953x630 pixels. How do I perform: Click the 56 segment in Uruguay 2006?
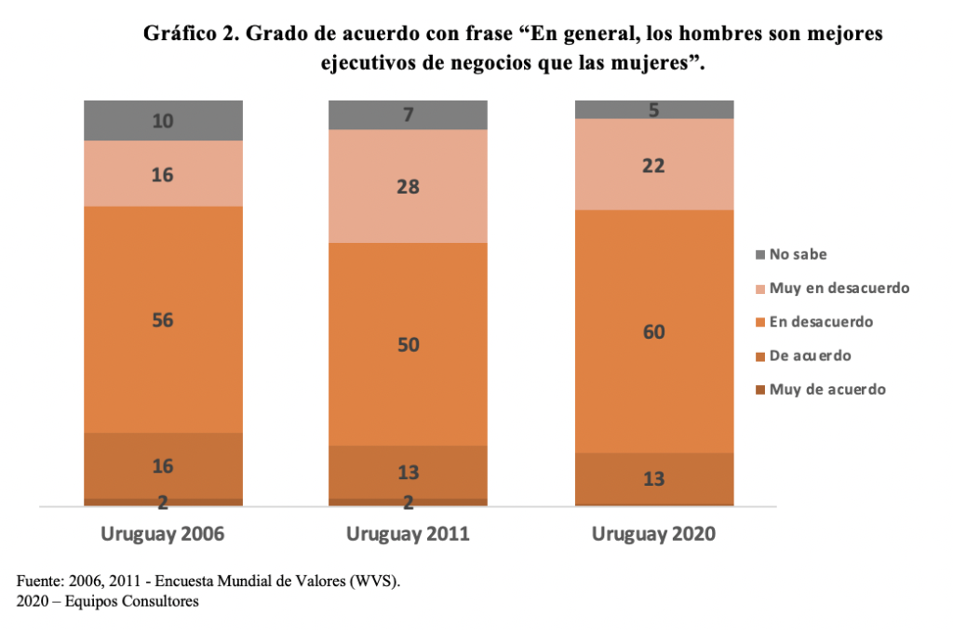coord(163,319)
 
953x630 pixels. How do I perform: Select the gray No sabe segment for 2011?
coord(408,114)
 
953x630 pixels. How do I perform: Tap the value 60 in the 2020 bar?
coord(653,331)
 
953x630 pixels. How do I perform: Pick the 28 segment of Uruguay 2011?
coord(408,186)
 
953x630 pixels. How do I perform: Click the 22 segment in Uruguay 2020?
coord(653,165)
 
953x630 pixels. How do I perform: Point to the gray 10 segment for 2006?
coord(163,120)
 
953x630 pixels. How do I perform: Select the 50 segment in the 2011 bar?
coord(408,344)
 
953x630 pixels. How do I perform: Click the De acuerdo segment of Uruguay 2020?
coord(653,478)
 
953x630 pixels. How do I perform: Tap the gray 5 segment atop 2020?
coord(653,110)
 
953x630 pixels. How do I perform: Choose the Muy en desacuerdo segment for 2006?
coord(163,173)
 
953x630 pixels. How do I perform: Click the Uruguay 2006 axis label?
coord(163,535)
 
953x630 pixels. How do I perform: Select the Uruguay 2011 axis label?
coord(408,535)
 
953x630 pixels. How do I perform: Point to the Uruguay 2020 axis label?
coord(653,535)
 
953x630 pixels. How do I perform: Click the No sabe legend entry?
coord(798,254)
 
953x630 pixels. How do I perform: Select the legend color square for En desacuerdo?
coord(760,322)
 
